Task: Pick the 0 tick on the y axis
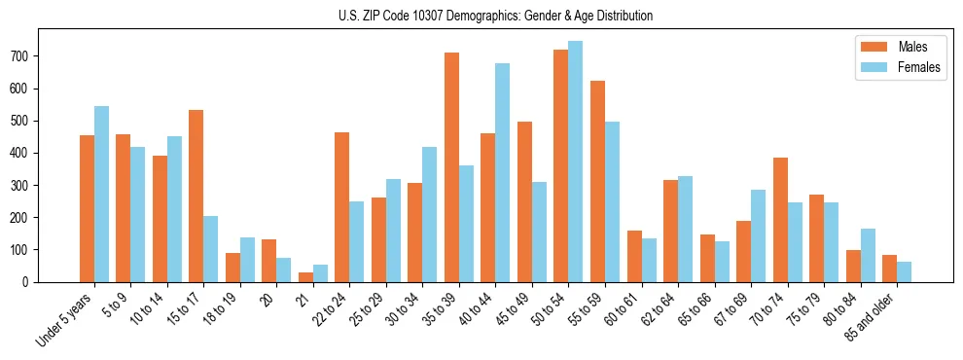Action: pyautogui.click(x=29, y=281)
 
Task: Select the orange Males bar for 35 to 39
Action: pyautogui.click(x=451, y=167)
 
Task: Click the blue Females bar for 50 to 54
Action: pyautogui.click(x=576, y=162)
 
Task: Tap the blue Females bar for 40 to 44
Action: pyautogui.click(x=503, y=172)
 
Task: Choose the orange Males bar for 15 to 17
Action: pyautogui.click(x=196, y=196)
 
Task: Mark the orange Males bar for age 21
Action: pyautogui.click(x=305, y=277)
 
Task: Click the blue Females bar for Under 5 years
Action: pyautogui.click(x=101, y=194)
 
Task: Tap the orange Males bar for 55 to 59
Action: pyautogui.click(x=597, y=181)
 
